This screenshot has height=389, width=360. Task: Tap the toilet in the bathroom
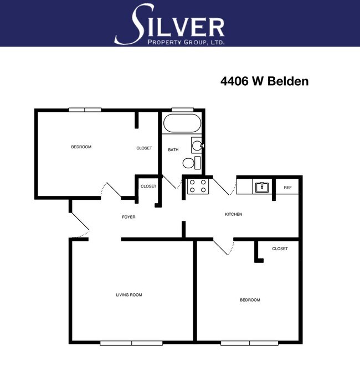[189, 163]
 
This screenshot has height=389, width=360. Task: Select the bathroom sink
[196, 145]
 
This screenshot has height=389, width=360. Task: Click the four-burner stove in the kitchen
[198, 186]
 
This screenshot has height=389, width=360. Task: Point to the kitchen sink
[261, 186]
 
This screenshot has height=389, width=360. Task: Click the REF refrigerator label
[287, 188]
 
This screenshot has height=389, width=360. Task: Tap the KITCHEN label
[233, 214]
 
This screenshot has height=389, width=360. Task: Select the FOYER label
[128, 217]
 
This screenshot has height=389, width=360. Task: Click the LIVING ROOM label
[128, 295]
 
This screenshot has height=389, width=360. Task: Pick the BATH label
[173, 150]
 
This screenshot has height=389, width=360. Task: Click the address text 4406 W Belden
[264, 81]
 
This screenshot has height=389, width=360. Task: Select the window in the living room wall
[131, 343]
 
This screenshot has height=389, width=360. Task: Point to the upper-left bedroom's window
[85, 110]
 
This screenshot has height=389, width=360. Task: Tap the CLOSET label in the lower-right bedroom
[280, 249]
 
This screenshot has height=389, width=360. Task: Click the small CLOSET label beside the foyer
[148, 186]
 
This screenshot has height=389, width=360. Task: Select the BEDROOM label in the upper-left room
[81, 147]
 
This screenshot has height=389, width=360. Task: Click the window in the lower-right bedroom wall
[249, 343]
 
